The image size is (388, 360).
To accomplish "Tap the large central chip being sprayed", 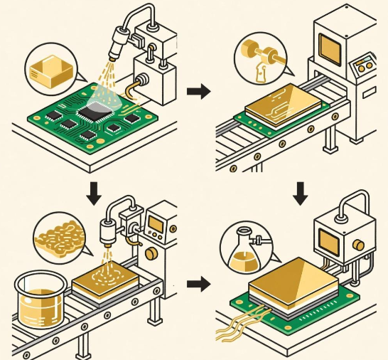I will point(97,109).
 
